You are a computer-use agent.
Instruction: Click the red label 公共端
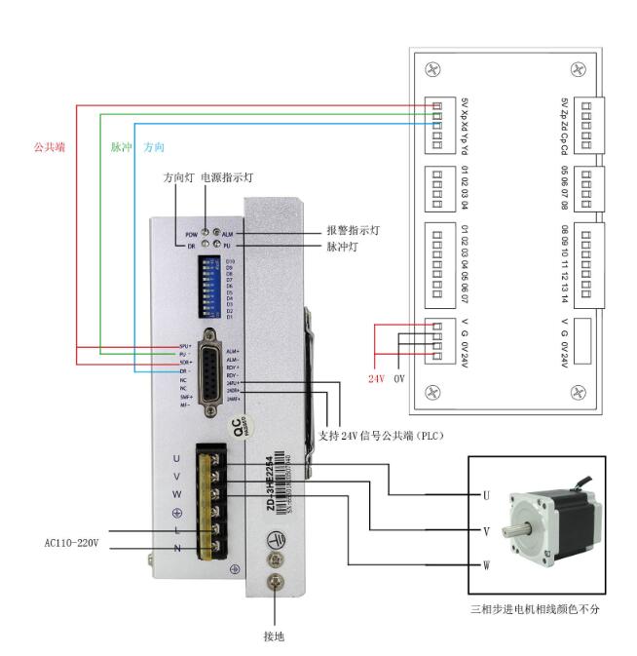pos(49,147)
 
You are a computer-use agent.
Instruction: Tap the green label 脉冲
pos(121,147)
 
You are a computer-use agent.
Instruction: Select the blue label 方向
pos(154,147)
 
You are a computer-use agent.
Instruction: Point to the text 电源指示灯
pos(227,177)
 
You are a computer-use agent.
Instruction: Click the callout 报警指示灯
pos(354,231)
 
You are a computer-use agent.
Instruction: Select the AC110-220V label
pos(71,543)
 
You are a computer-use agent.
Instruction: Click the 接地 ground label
pos(275,636)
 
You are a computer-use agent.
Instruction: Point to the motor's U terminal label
pos(485,495)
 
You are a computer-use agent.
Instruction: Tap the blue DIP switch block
pos(209,289)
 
